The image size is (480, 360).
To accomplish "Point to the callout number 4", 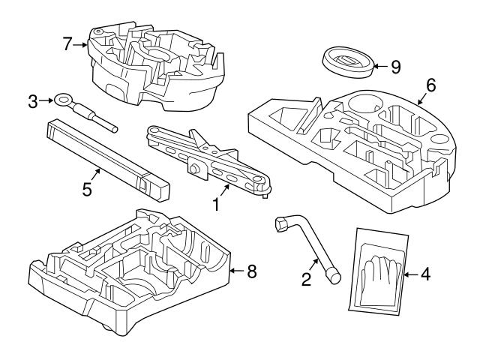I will pos(426,275).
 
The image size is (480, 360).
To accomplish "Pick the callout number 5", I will pos(88,190).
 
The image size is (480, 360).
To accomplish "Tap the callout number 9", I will pos(395,67).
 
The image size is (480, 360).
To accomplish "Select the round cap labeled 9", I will pos(349,60).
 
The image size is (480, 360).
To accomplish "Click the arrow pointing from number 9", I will pos(379,66).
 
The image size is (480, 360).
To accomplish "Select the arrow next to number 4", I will pos(411,275).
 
